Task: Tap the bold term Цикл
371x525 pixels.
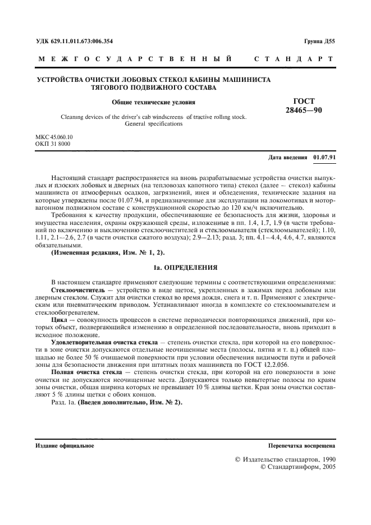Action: pyautogui.click(x=59, y=320)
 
